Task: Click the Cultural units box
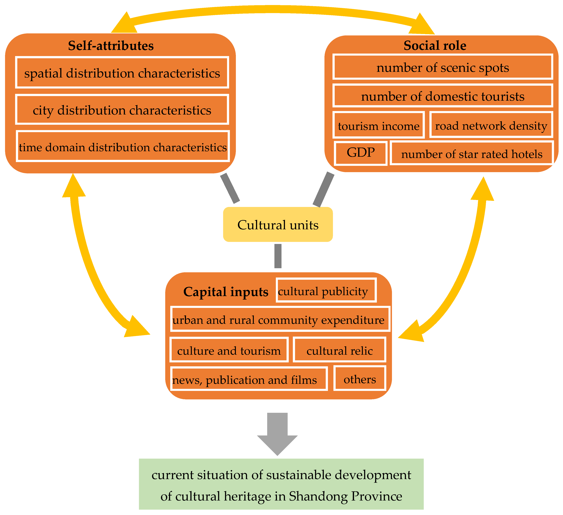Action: pyautogui.click(x=278, y=225)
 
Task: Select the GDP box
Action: pyautogui.click(x=360, y=153)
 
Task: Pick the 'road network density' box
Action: pyautogui.click(x=491, y=125)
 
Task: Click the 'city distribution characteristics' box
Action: pyautogui.click(x=122, y=110)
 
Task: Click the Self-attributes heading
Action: pyautogui.click(x=111, y=46)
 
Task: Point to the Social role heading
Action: pyautogui.click(x=435, y=45)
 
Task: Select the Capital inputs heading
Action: pyautogui.click(x=226, y=292)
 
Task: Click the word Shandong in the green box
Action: pyautogui.click(x=318, y=496)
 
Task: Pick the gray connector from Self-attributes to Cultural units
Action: pyautogui.click(x=230, y=188)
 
